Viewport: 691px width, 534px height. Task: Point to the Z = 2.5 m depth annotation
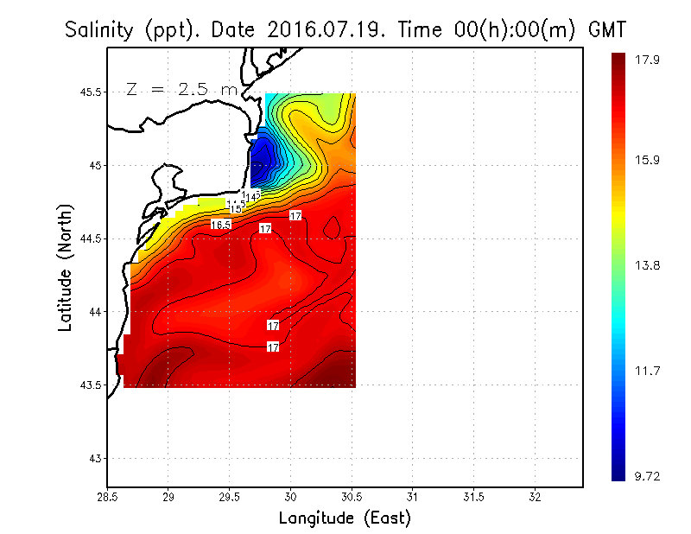181,89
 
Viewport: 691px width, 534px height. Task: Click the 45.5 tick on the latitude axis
88,92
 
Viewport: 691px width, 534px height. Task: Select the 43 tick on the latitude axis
94,458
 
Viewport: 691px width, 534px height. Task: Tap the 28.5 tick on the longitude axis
107,498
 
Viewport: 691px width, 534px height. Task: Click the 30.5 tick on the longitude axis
352,498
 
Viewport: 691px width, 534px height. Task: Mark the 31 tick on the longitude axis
413,498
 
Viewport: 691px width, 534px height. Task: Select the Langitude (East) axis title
344,518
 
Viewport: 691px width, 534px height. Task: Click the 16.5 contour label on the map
221,225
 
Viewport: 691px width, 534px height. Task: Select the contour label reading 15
235,208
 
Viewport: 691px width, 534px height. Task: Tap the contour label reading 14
250,198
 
